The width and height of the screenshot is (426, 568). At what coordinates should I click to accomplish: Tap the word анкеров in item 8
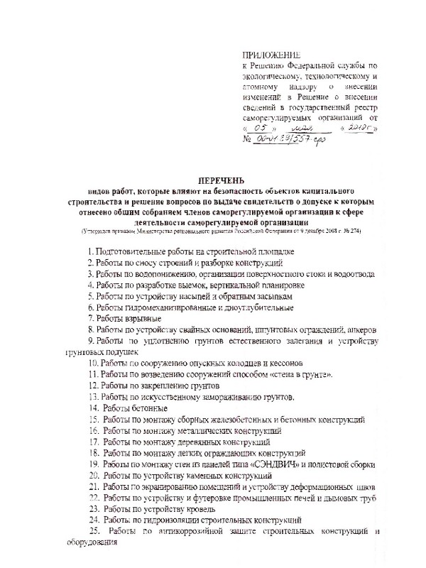[358, 330]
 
